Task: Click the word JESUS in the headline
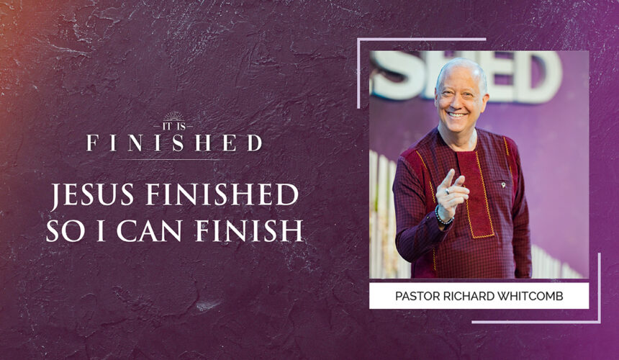(87, 196)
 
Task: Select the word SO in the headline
(65, 230)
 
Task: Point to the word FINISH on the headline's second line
(263, 230)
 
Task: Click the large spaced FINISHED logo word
(173, 143)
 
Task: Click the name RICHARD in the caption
(470, 296)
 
